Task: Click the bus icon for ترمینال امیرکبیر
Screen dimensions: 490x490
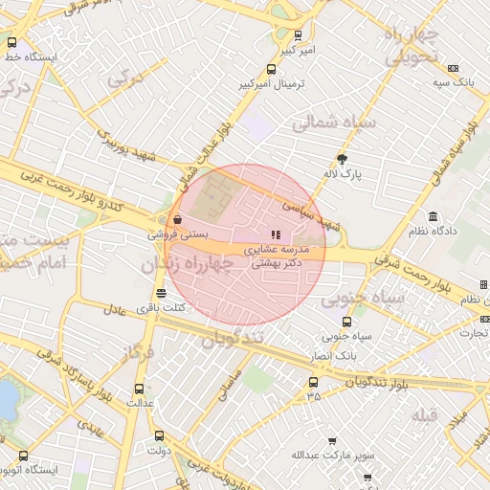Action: [x=272, y=69]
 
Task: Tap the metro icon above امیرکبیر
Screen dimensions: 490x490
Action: [x=298, y=34]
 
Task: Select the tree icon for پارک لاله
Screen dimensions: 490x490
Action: [x=343, y=159]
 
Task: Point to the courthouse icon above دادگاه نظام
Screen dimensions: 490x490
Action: [x=434, y=216]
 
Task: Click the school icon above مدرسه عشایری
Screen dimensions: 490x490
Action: [x=276, y=234]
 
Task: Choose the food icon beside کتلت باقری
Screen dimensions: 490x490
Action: [x=161, y=293]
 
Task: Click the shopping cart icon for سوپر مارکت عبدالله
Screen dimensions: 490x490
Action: [x=332, y=441]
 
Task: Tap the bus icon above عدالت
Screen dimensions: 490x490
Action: [x=140, y=389]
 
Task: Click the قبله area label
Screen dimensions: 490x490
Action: [x=425, y=414]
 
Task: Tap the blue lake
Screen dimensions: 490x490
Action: [x=8, y=402]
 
